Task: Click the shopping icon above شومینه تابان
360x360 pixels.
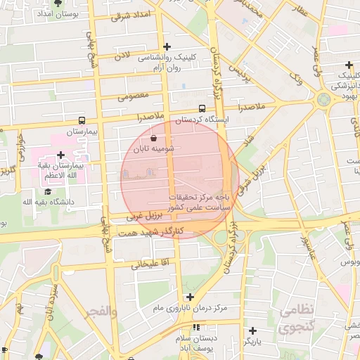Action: pos(154,139)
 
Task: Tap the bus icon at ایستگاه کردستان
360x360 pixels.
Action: pos(202,109)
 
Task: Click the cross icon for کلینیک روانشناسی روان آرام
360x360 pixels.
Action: pos(166,46)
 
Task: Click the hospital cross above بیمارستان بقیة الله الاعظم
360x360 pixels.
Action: pos(60,155)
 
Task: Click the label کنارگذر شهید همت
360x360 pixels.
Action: pos(153,231)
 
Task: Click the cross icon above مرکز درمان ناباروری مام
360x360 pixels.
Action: pos(190,297)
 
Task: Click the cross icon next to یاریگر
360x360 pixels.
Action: pos(252,330)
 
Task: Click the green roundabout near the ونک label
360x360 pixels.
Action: pos(323,100)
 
